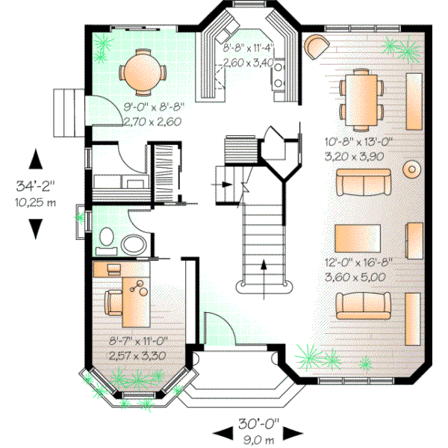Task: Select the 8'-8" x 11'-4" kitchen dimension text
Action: coord(249,55)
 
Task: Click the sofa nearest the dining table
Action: coord(363,181)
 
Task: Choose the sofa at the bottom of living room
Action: coord(363,303)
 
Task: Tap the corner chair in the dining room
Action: coord(316,46)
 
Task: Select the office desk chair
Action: coord(113,301)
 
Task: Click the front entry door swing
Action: coord(216,329)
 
